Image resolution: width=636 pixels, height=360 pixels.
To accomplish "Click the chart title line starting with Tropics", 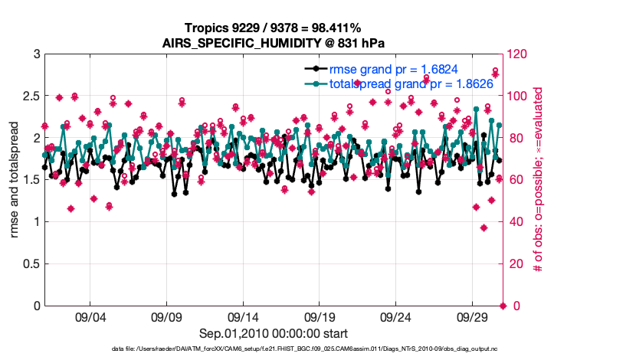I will pyautogui.click(x=273, y=28).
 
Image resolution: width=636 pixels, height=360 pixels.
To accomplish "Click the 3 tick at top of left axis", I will pyautogui.click(x=36, y=54).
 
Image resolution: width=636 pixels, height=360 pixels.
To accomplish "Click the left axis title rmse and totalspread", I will pyautogui.click(x=16, y=180).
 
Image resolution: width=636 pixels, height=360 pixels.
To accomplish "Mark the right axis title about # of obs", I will pyautogui.click(x=539, y=180).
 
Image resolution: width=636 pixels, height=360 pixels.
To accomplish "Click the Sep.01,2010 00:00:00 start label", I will pyautogui.click(x=273, y=333).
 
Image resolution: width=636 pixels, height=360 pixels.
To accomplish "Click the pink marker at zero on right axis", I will pyautogui.click(x=503, y=306).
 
